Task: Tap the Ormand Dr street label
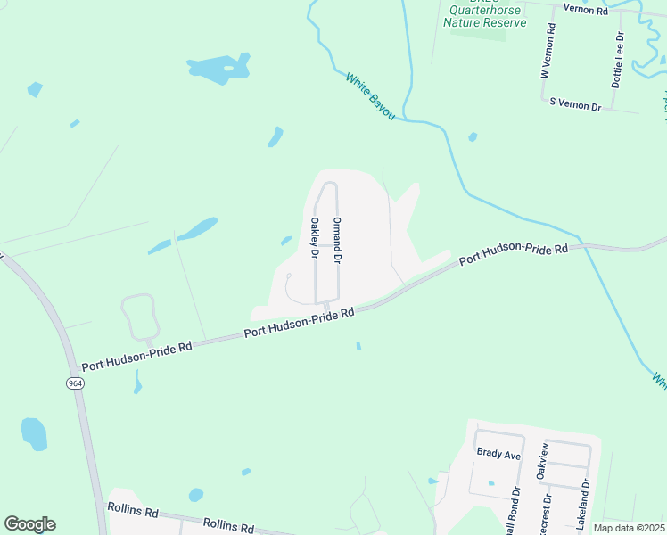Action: [337, 239]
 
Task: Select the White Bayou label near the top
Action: [370, 97]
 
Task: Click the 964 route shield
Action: [73, 383]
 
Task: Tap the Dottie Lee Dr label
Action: [618, 59]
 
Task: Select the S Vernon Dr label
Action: [575, 105]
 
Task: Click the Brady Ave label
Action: [498, 454]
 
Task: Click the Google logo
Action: [29, 524]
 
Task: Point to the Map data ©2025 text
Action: [630, 528]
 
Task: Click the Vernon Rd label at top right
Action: [585, 9]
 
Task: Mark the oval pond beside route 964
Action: [34, 433]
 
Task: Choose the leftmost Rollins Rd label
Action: [132, 513]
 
